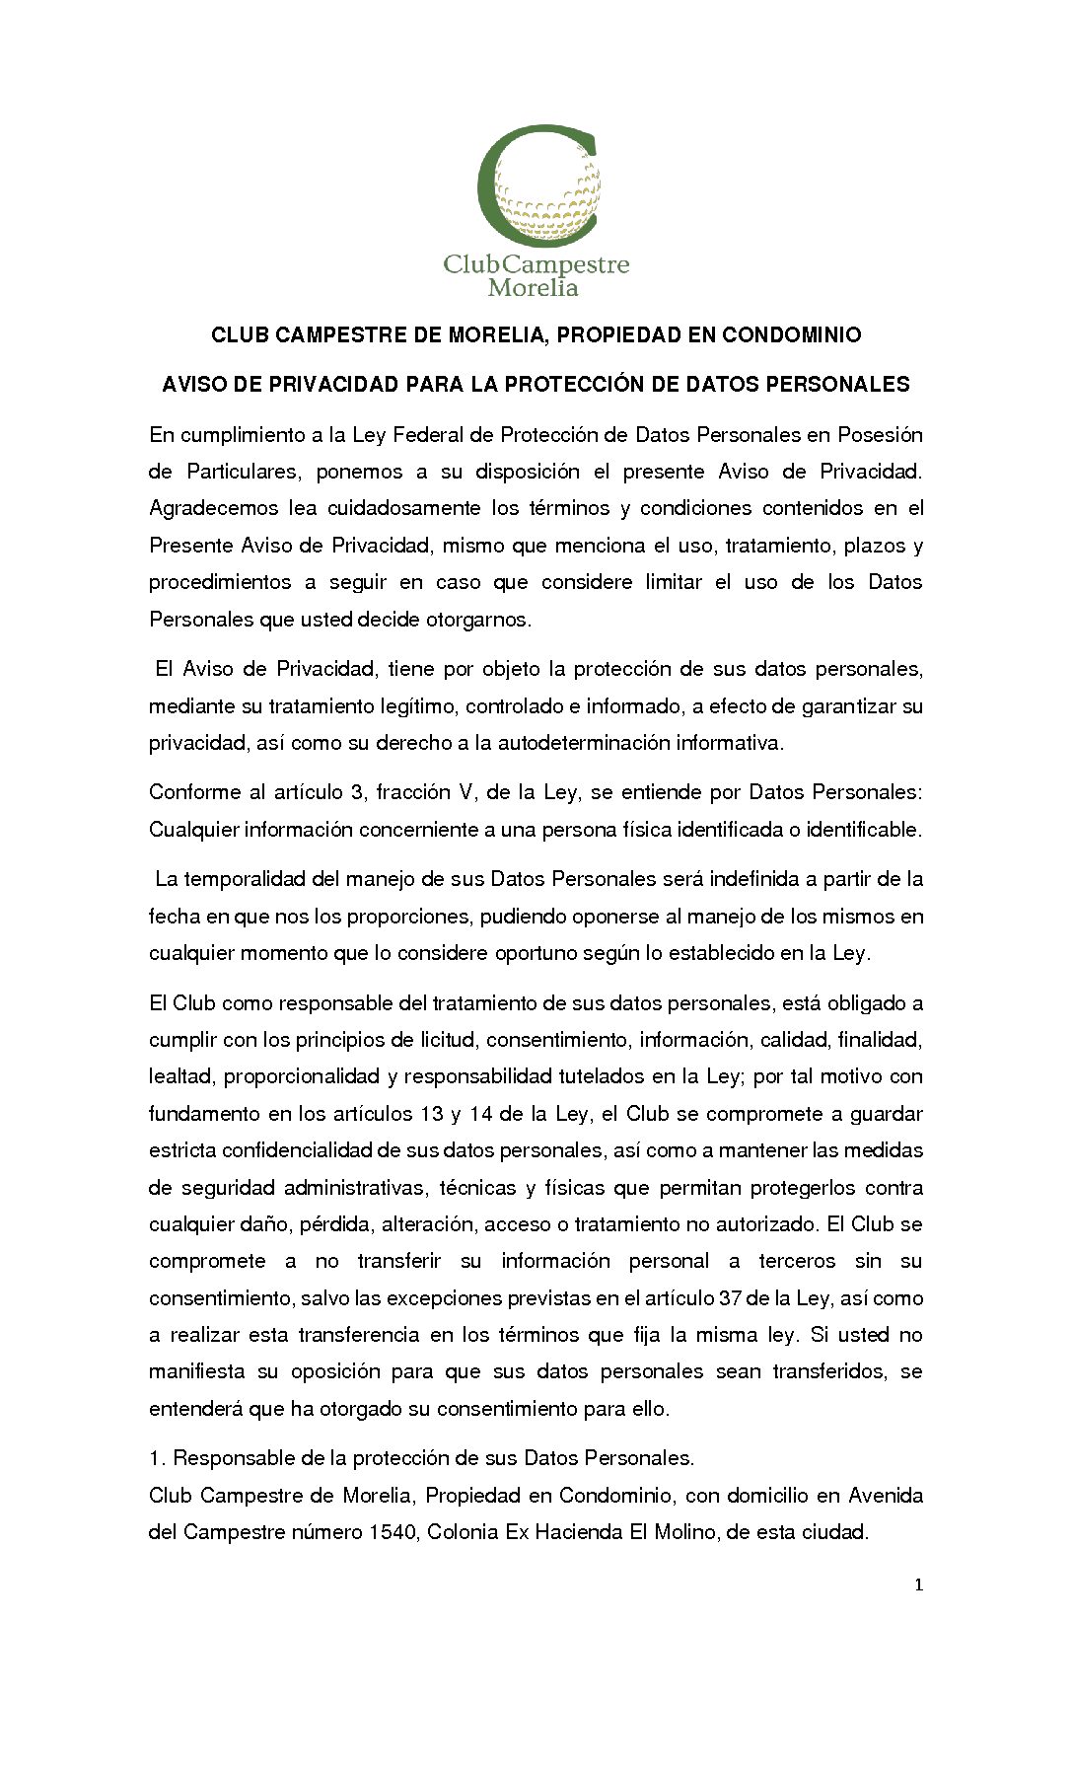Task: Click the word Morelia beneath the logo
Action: click(533, 288)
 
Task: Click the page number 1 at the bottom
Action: click(919, 1585)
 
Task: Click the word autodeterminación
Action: click(583, 743)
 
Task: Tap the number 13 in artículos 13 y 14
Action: click(431, 1114)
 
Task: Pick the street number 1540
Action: click(393, 1532)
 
